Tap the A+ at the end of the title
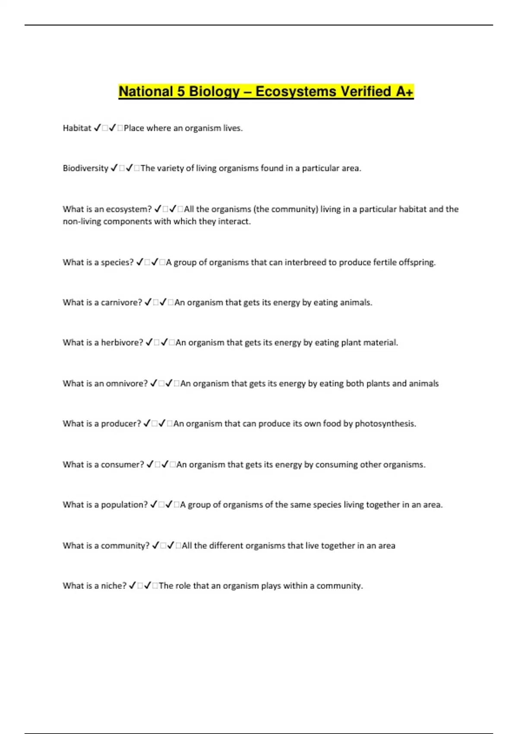tap(404, 92)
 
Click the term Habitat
tap(77, 128)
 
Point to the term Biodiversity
tap(85, 168)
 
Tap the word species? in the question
tap(117, 263)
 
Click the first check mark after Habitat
tap(97, 128)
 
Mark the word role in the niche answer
tap(183, 586)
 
